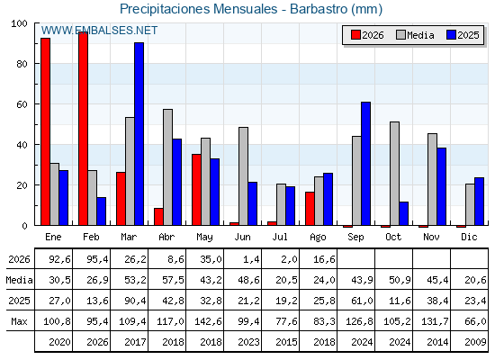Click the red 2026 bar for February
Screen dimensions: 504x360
[83, 129]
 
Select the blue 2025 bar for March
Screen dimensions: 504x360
[139, 134]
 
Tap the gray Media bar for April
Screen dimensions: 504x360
[167, 167]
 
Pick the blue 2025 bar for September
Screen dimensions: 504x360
[365, 164]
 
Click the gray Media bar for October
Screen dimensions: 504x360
[394, 174]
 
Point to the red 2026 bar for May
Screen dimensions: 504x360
[196, 190]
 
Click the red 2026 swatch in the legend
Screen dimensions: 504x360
[355, 35]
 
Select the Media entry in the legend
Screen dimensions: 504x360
[415, 35]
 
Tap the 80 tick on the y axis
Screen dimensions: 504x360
[22, 64]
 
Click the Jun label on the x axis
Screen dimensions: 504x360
[242, 237]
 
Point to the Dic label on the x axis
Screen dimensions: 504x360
[469, 237]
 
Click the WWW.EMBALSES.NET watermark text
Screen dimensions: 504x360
[99, 31]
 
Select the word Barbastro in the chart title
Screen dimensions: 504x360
[319, 9]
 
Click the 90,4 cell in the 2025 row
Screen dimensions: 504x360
[135, 301]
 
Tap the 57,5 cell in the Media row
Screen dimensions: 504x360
[173, 280]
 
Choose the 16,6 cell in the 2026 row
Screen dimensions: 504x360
[324, 259]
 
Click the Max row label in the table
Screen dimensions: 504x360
[19, 321]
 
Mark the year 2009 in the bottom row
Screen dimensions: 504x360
[475, 342]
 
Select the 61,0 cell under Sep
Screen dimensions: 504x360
[362, 301]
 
